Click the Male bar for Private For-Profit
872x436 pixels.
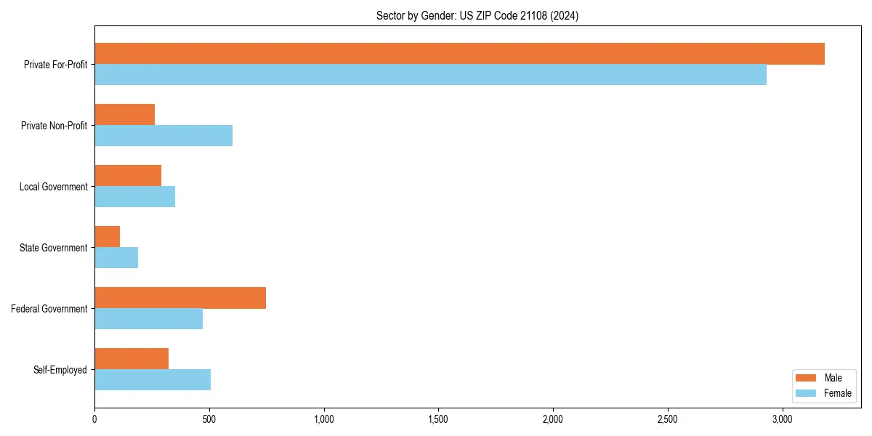point(459,54)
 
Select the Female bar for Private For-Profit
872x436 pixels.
point(430,75)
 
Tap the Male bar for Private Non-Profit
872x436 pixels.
point(124,115)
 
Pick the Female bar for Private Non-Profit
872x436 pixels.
point(163,136)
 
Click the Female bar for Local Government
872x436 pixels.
point(134,197)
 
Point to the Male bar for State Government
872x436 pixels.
point(107,237)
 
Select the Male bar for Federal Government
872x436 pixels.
point(180,298)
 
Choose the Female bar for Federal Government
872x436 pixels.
point(148,319)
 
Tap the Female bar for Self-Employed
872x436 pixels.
point(153,380)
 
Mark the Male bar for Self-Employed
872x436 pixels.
point(132,359)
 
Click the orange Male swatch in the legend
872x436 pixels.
point(806,378)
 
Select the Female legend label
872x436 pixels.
point(837,393)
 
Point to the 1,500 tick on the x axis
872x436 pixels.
point(438,419)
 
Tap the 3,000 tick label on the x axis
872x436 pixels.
point(782,419)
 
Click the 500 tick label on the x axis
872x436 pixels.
point(209,419)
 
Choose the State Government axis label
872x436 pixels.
point(53,248)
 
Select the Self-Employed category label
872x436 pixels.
point(60,370)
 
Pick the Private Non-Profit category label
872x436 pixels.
point(54,126)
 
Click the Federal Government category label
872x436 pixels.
point(49,309)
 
